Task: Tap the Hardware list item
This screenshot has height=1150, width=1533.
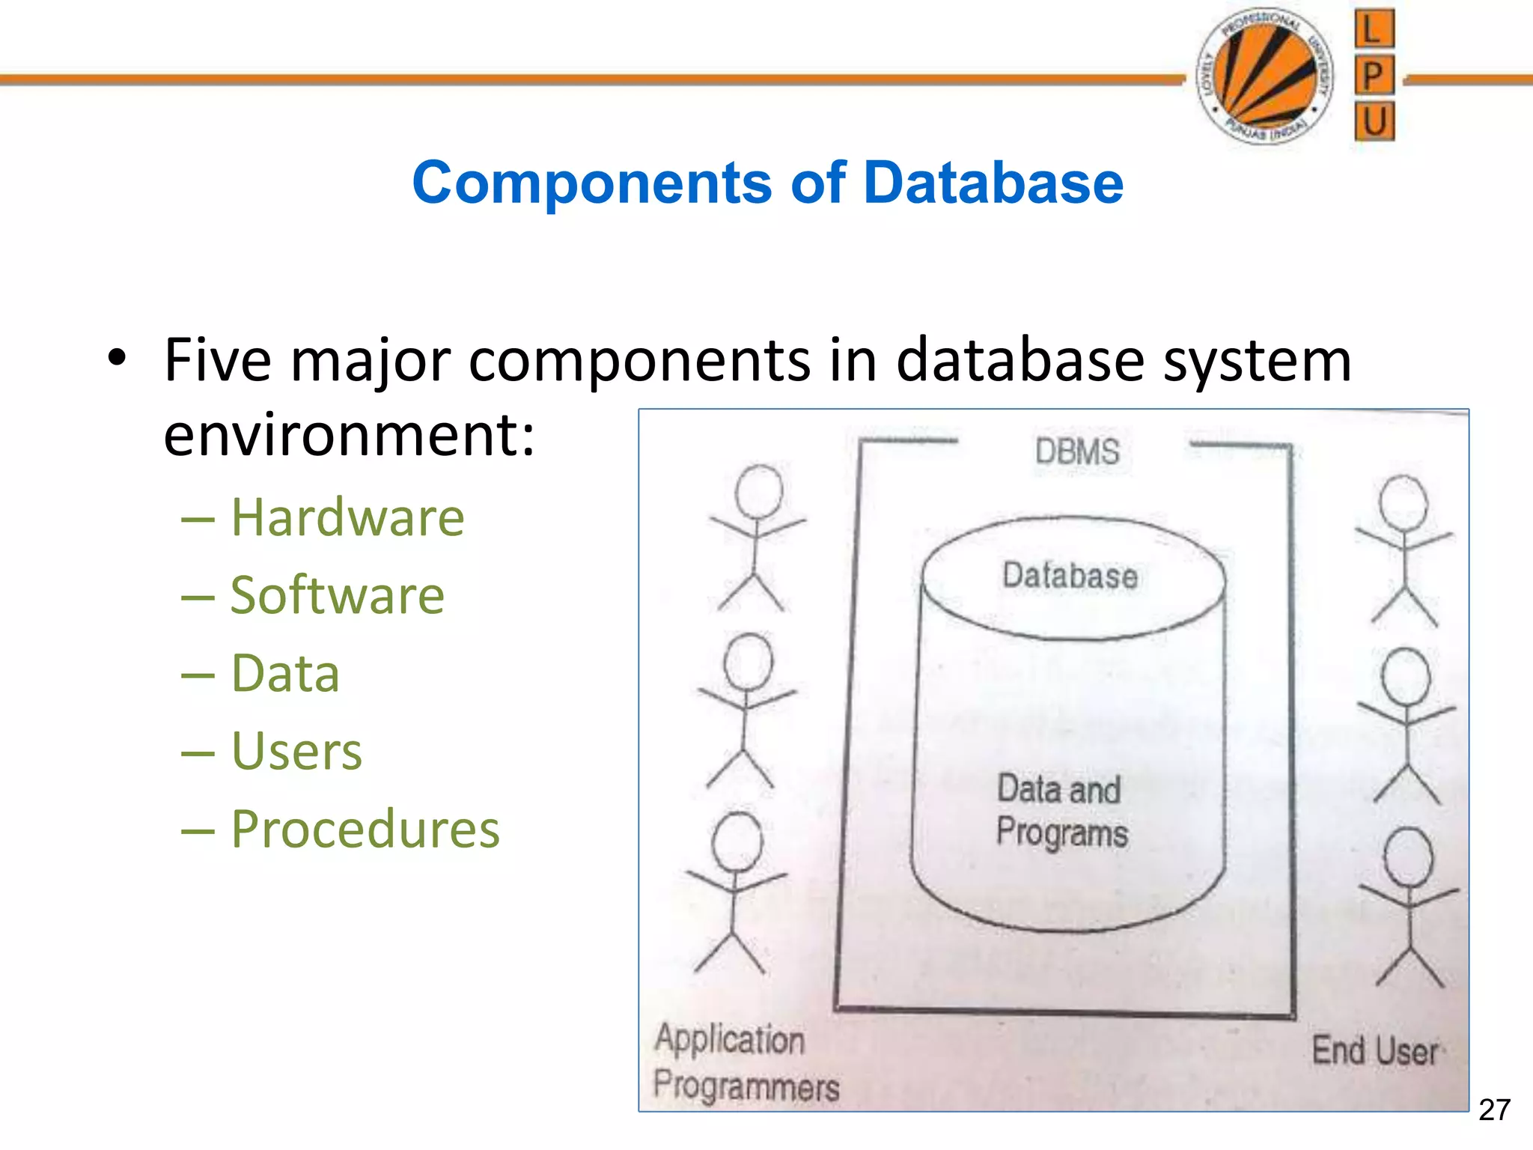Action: click(x=347, y=517)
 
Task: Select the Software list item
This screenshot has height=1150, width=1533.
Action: click(x=337, y=595)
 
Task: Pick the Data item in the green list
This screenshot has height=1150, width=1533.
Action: click(x=285, y=673)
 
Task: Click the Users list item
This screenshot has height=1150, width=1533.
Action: click(x=296, y=751)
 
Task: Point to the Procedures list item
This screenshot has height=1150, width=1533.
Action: click(x=365, y=830)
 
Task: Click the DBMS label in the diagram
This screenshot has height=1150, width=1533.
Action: click(x=1077, y=452)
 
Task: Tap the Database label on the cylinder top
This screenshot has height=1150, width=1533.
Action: click(x=1070, y=576)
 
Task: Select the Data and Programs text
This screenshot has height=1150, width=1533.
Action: click(x=1061, y=812)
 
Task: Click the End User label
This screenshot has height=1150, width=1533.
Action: click(x=1374, y=1050)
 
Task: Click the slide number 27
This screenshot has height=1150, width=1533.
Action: click(x=1494, y=1110)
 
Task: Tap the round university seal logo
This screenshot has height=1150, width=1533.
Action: click(x=1265, y=76)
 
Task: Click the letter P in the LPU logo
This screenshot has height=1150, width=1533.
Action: click(x=1374, y=76)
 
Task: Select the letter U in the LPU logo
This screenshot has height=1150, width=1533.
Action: click(x=1374, y=121)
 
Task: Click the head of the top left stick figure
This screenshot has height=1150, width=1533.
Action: click(x=759, y=491)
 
